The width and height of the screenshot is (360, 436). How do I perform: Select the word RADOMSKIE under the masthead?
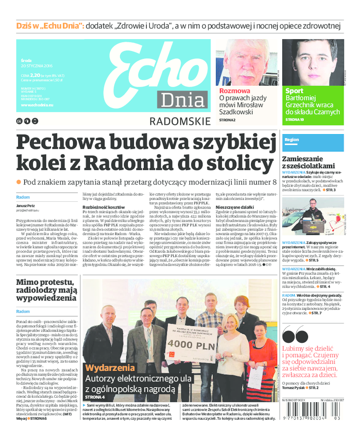(180, 121)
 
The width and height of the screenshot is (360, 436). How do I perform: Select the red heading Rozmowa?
(234, 91)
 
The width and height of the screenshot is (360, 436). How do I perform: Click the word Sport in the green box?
(294, 91)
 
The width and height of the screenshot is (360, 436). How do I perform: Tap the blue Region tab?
(292, 140)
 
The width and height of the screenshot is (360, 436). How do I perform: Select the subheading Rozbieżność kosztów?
(103, 207)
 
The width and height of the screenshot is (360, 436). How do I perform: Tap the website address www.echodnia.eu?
(37, 104)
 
